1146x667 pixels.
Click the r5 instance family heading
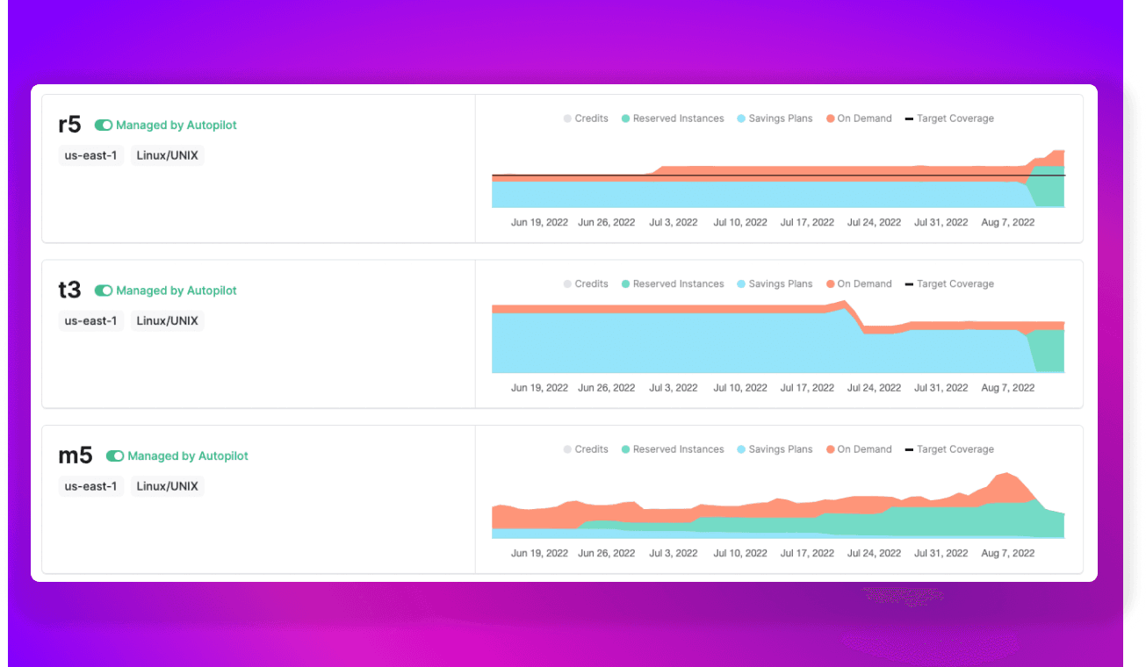69,126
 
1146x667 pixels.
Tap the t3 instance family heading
69,290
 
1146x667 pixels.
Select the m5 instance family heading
75,456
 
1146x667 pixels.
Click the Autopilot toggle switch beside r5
104,126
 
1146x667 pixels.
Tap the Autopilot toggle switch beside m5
115,456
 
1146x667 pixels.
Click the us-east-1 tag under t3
90,321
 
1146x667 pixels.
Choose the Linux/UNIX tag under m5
167,486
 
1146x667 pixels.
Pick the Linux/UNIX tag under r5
167,156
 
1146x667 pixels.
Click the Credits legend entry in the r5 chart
586,118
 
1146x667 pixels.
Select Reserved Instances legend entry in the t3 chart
672,284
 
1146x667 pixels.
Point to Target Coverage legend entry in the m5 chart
949,449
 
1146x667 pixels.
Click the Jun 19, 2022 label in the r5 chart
539,223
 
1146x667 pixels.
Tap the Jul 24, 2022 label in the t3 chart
874,388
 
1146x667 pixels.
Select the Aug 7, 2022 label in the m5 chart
1007,554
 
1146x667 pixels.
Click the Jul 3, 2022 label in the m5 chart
673,554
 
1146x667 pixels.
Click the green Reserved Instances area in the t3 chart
1049,351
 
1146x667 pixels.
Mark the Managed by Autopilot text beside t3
176,290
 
